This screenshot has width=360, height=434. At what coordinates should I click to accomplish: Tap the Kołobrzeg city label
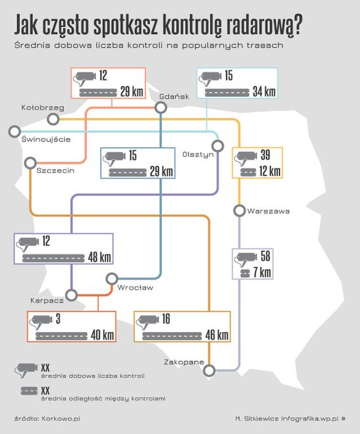[x=43, y=107]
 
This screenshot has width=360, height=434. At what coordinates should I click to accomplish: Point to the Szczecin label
[x=55, y=170]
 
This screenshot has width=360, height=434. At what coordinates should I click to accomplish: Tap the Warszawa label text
[x=269, y=211]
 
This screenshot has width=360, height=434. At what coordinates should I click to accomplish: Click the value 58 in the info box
[x=265, y=256]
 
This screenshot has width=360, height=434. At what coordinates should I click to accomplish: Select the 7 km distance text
[x=262, y=272]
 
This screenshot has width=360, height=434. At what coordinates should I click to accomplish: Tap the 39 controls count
[x=265, y=155]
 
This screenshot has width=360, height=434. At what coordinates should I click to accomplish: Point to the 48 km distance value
[x=99, y=257]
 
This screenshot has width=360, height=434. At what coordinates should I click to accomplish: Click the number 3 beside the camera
[x=58, y=319]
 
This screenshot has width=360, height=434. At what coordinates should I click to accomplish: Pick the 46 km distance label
[x=217, y=335]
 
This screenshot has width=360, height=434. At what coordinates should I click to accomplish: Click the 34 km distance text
[x=265, y=91]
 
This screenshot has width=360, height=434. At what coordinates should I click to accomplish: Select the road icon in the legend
[x=29, y=391]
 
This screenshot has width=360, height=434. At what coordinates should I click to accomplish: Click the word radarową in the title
[x=264, y=25]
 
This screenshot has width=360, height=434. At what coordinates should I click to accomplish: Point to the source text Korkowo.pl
[x=61, y=418]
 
